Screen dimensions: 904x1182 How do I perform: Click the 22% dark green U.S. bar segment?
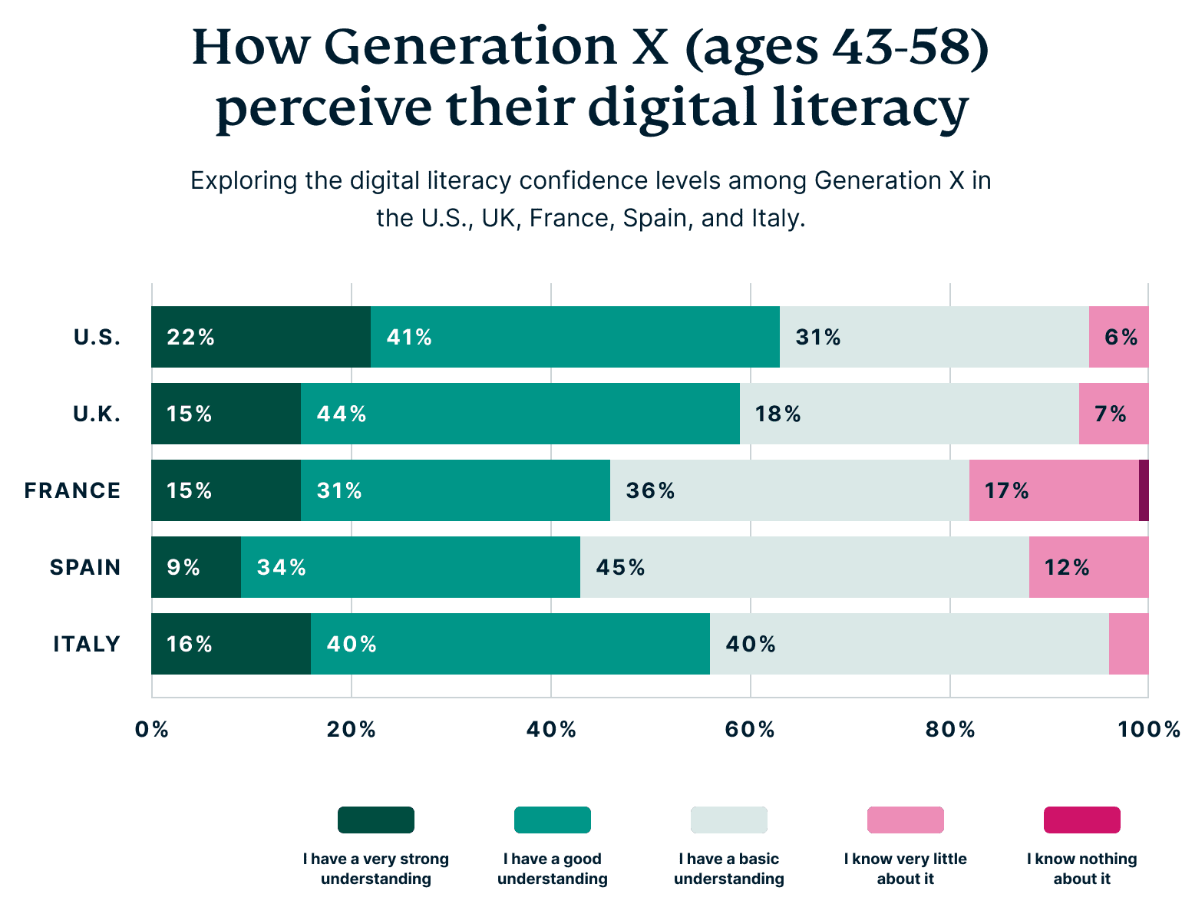point(261,337)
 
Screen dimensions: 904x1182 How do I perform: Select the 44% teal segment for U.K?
point(520,414)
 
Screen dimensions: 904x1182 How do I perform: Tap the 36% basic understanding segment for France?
point(789,490)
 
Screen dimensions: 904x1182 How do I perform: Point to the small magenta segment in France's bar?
point(1144,490)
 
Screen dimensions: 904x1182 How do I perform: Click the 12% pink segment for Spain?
point(1088,567)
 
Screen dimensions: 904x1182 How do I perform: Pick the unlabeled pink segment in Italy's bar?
point(1128,644)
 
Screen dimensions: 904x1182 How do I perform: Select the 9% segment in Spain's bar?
point(196,567)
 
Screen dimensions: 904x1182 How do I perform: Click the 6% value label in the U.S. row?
point(1121,337)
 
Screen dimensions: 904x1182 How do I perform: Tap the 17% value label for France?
point(1006,490)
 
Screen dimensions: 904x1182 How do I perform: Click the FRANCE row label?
point(72,490)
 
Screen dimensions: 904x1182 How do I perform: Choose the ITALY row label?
point(87,644)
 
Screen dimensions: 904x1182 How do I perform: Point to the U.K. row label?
point(97,414)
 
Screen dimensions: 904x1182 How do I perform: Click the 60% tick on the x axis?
point(750,729)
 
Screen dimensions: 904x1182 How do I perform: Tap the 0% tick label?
point(151,729)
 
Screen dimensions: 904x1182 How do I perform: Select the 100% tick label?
point(1148,729)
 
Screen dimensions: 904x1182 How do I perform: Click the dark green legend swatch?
point(376,820)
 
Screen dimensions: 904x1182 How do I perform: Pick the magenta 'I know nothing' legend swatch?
point(1081,820)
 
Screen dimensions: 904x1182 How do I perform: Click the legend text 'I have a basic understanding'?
point(728,869)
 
